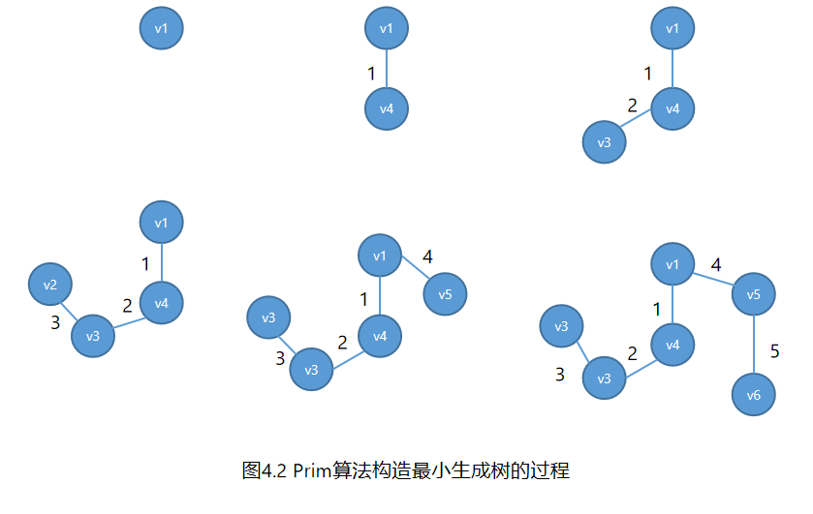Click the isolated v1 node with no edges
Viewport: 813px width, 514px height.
pyautogui.click(x=162, y=29)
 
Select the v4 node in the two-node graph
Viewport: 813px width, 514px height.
pyautogui.click(x=387, y=108)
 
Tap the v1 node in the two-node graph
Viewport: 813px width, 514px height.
pyautogui.click(x=387, y=29)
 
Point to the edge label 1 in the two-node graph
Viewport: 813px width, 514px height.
pyautogui.click(x=371, y=73)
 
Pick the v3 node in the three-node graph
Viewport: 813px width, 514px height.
pyautogui.click(x=604, y=143)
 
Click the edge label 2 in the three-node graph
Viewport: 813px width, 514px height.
pyautogui.click(x=633, y=106)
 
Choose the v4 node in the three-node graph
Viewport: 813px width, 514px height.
pyautogui.click(x=672, y=108)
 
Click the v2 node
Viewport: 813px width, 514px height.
pyautogui.click(x=50, y=285)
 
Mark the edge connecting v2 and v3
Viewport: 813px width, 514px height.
pyautogui.click(x=72, y=310)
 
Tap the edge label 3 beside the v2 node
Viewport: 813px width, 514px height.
pyautogui.click(x=55, y=323)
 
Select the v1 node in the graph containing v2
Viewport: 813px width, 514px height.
pyautogui.click(x=161, y=224)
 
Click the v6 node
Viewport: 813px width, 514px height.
pyautogui.click(x=754, y=394)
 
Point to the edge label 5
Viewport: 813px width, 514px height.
pyautogui.click(x=775, y=351)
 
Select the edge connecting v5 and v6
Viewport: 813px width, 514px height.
pyautogui.click(x=754, y=346)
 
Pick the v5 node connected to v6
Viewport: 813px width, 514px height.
pyautogui.click(x=754, y=294)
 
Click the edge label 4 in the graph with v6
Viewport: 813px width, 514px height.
pyautogui.click(x=716, y=265)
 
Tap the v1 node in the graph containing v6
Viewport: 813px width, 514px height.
pyautogui.click(x=672, y=265)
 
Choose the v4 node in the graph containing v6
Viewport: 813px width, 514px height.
pyautogui.click(x=672, y=345)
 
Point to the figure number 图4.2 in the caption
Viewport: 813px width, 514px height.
pyautogui.click(x=265, y=471)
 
